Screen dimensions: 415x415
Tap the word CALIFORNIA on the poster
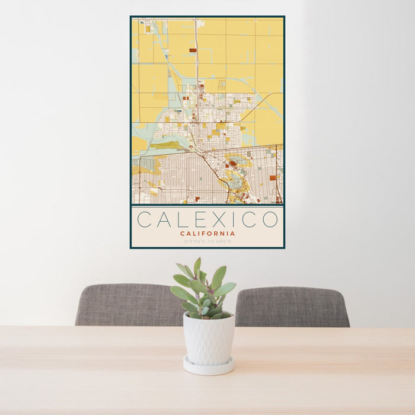click(207, 234)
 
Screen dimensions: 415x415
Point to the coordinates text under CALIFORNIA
click(207, 241)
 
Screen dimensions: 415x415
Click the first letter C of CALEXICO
click(144, 219)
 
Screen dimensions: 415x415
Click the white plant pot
click(208, 339)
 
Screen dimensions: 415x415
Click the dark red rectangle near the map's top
click(193, 50)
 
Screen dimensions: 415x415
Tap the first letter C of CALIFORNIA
click(183, 234)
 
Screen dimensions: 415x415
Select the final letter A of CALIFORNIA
click(233, 234)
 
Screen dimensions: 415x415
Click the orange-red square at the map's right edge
click(273, 177)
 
